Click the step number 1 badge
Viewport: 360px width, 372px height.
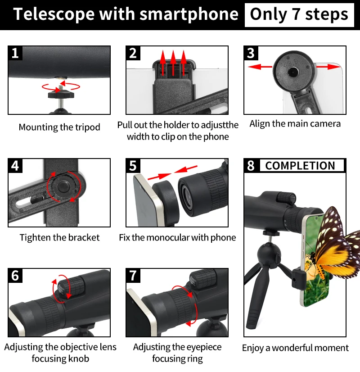coord(15,53)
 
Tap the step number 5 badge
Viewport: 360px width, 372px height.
coord(133,165)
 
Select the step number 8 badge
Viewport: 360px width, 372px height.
coord(251,165)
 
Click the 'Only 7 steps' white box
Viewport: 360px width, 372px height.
coord(299,14)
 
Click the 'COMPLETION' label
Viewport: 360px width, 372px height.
coord(300,166)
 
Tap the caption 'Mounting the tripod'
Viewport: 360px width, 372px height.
coord(59,127)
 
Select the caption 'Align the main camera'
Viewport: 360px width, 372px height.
coord(295,124)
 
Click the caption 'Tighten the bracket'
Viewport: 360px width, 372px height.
coord(59,237)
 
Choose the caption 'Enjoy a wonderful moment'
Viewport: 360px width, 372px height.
coord(295,348)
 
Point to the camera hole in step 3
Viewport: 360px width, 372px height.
coord(293,71)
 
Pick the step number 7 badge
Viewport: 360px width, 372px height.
coord(133,275)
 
